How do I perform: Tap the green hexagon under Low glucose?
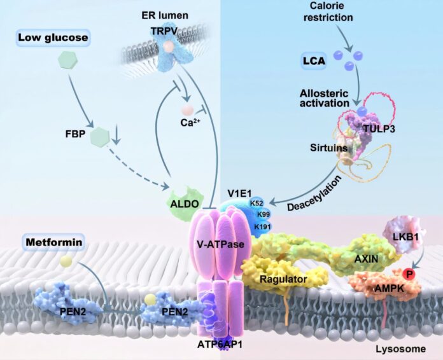66,62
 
